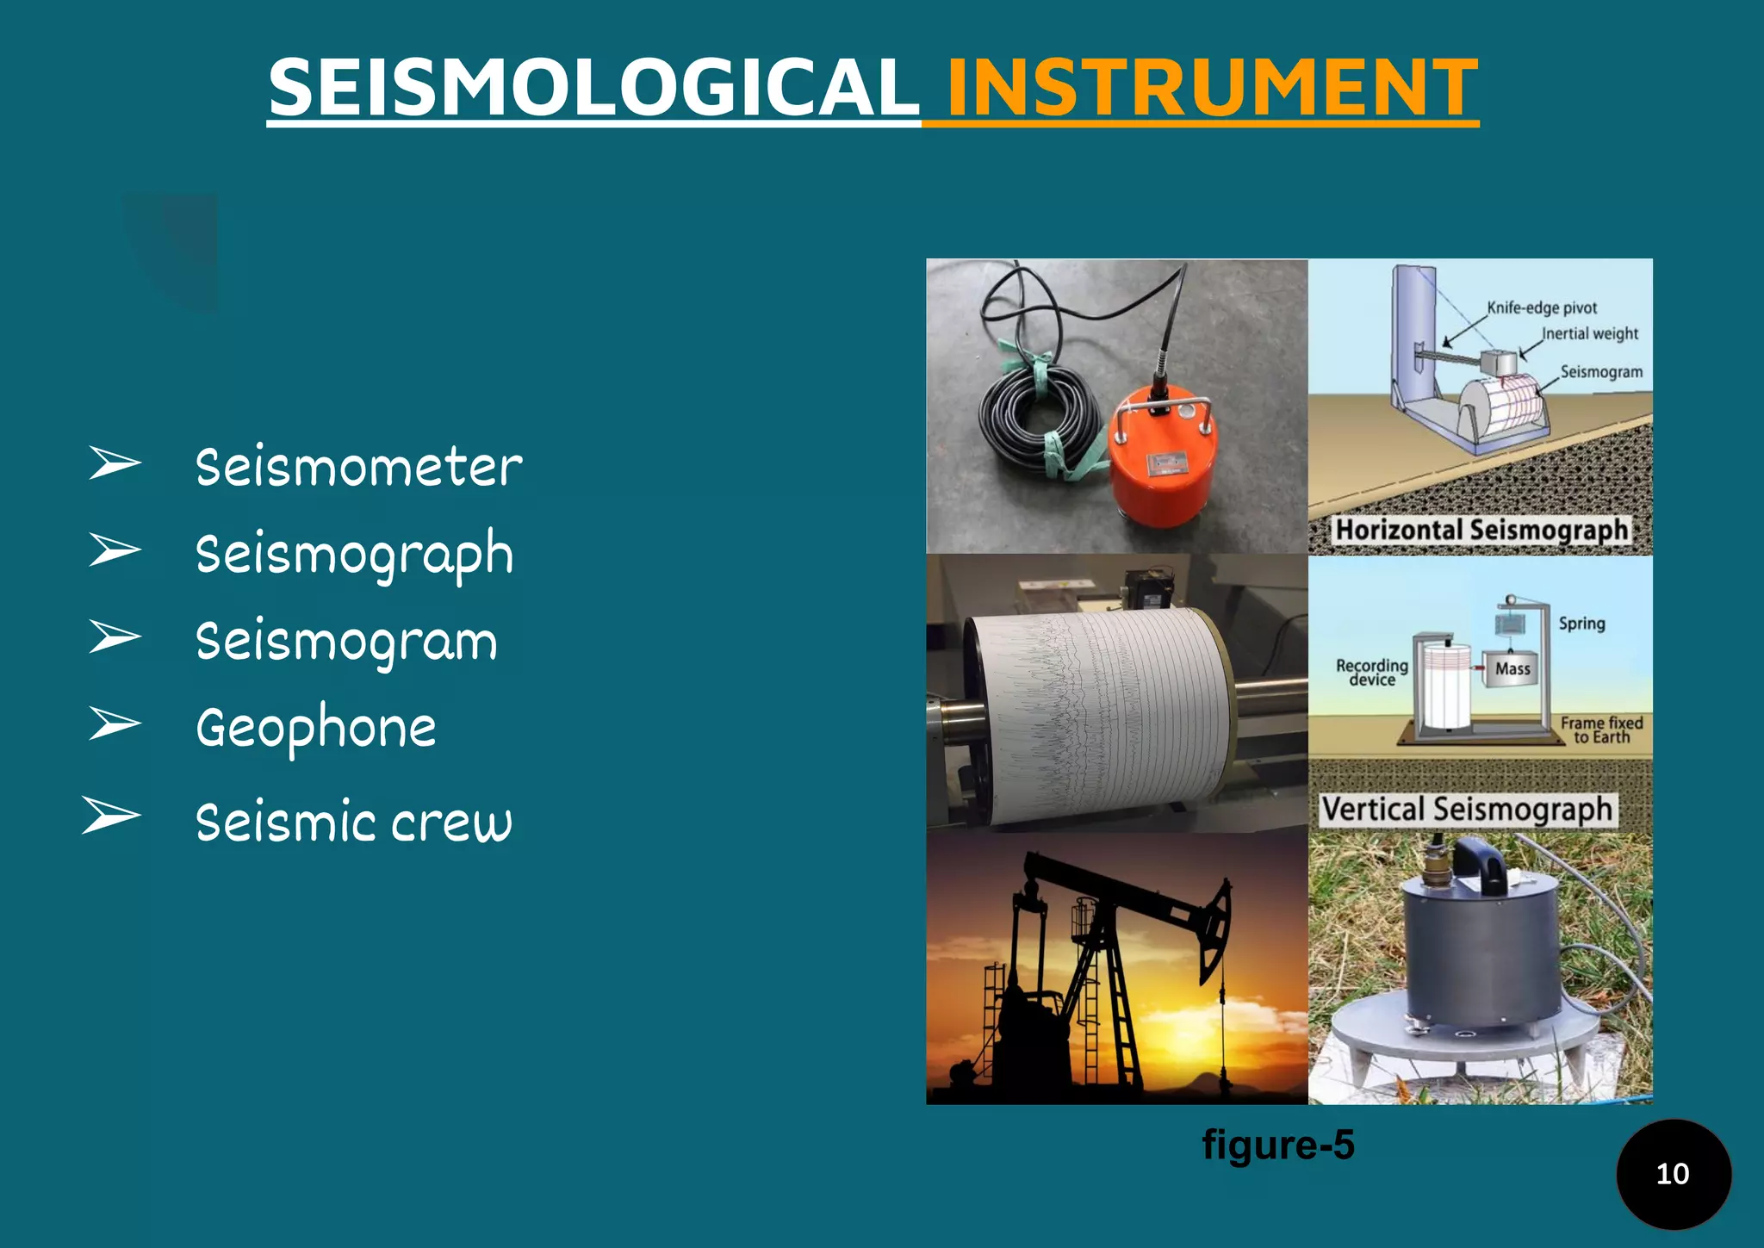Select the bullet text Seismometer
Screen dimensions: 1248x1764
click(x=358, y=468)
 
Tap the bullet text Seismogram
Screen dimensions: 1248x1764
click(x=346, y=643)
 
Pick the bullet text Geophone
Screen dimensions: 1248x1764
click(x=316, y=729)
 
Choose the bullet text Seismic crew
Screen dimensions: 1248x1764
click(x=353, y=822)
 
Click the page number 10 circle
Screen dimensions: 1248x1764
click(x=1673, y=1174)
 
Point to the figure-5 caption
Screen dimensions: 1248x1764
click(x=1278, y=1145)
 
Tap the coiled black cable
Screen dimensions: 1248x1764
click(x=1038, y=413)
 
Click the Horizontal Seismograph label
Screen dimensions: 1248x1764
click(x=1481, y=530)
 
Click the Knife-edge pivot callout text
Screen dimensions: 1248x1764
click(x=1542, y=307)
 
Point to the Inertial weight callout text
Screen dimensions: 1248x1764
click(x=1589, y=333)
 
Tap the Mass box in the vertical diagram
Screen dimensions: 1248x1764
click(x=1512, y=668)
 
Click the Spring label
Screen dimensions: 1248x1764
click(x=1581, y=623)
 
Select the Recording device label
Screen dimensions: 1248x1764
click(x=1371, y=672)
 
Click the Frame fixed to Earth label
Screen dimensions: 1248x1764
click(x=1601, y=730)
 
